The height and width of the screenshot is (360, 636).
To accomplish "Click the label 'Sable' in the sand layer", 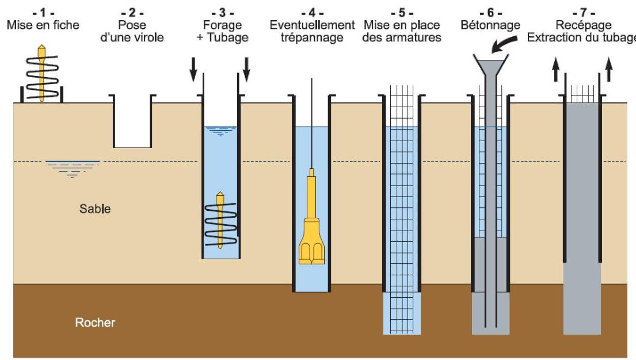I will click(95, 209).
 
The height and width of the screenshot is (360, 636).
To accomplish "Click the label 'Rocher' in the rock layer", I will click(95, 323).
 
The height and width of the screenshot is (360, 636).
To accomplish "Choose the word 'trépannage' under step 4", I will click(312, 38).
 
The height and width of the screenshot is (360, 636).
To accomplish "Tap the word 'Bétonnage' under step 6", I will click(490, 26).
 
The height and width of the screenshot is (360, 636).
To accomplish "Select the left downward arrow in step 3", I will click(193, 69).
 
